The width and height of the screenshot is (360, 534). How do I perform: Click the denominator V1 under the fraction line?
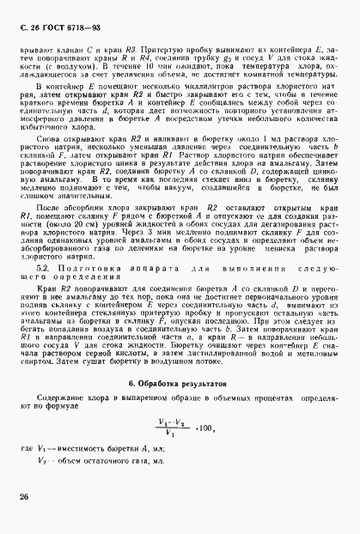click(x=172, y=433)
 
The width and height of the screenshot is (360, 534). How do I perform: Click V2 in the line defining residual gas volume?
click(x=46, y=459)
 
